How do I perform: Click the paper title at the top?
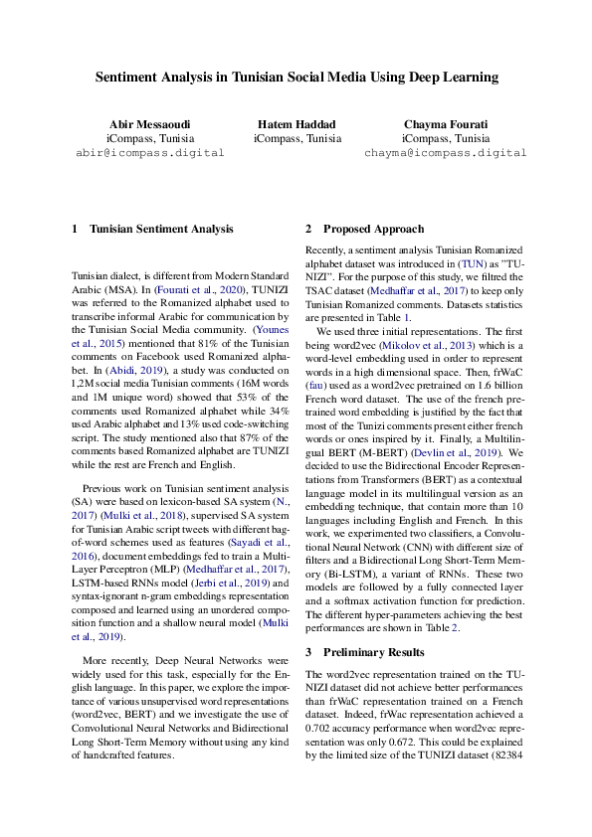click(x=296, y=77)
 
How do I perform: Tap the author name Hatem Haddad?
click(x=296, y=124)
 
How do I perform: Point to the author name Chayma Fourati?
click(x=445, y=124)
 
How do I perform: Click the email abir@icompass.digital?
click(x=149, y=154)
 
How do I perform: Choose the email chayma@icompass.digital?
click(x=445, y=154)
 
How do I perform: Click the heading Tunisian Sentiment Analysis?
click(x=161, y=229)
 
